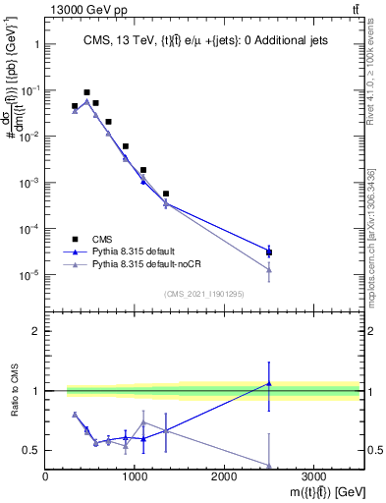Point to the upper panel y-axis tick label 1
[35, 44]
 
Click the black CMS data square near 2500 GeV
[269, 252]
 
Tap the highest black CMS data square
[86, 92]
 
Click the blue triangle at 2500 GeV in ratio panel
[269, 383]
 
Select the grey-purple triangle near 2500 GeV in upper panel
[269, 269]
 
